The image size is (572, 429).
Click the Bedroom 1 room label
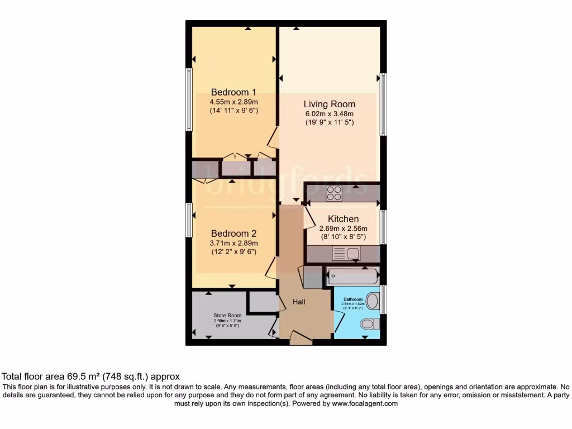(233, 92)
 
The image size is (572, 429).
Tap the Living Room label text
(329, 104)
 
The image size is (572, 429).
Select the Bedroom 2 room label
(233, 233)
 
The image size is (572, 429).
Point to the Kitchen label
(343, 219)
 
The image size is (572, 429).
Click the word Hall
(299, 302)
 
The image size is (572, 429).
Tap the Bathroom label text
(353, 299)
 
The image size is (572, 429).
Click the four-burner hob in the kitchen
(334, 193)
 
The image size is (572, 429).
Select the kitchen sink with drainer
(346, 254)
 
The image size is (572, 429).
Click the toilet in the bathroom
(368, 323)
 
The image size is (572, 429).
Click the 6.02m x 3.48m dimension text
(329, 114)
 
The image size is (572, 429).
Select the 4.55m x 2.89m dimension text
(233, 102)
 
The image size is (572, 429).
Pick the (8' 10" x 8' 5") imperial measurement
(343, 237)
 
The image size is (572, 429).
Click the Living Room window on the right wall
(383, 104)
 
